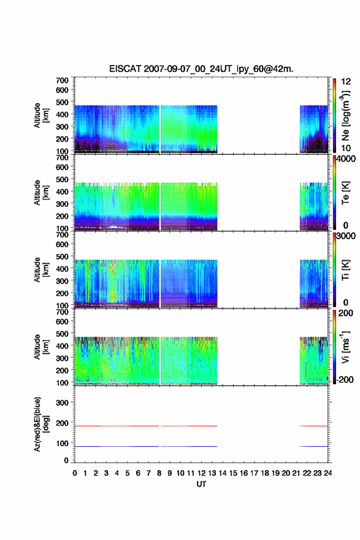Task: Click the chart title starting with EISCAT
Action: [x=201, y=69]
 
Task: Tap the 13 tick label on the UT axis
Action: [x=212, y=473]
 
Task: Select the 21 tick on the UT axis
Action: [x=296, y=473]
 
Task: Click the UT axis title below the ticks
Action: [x=201, y=484]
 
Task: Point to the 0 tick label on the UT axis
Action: [x=75, y=473]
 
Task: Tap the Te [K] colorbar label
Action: [x=345, y=193]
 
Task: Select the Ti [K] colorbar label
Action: [x=345, y=269]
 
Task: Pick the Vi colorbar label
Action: [x=345, y=347]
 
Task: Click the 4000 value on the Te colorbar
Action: [x=346, y=159]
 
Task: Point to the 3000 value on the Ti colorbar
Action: [x=346, y=236]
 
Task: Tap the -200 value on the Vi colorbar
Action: [x=344, y=379]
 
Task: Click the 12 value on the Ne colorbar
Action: [x=346, y=82]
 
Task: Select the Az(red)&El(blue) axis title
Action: [x=41, y=424]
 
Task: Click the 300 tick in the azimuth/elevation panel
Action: [x=62, y=403]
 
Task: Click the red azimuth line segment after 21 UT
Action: [x=313, y=426]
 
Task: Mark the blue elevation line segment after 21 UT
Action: [x=313, y=446]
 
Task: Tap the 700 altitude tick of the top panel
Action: [x=62, y=80]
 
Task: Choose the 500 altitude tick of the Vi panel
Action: [x=62, y=334]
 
